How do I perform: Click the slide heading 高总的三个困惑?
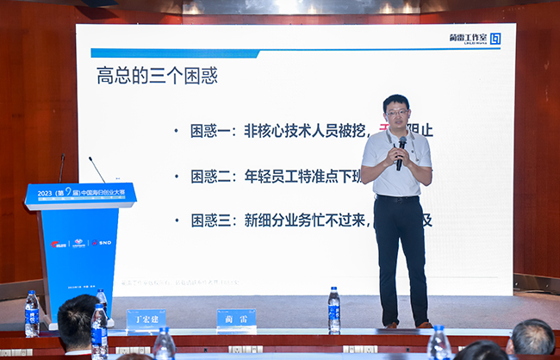(x=156, y=76)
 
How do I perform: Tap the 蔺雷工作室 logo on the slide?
(x=475, y=39)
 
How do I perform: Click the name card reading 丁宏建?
(x=146, y=320)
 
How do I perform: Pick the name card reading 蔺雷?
(x=236, y=319)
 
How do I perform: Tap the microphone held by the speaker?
(x=401, y=150)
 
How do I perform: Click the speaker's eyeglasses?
(x=396, y=113)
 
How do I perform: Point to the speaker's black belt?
(x=398, y=199)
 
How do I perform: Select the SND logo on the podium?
(x=103, y=243)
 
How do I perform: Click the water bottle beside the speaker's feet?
(x=333, y=309)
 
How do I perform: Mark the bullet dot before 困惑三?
(x=176, y=221)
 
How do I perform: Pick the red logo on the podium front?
(x=58, y=244)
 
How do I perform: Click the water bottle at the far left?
(x=32, y=313)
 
